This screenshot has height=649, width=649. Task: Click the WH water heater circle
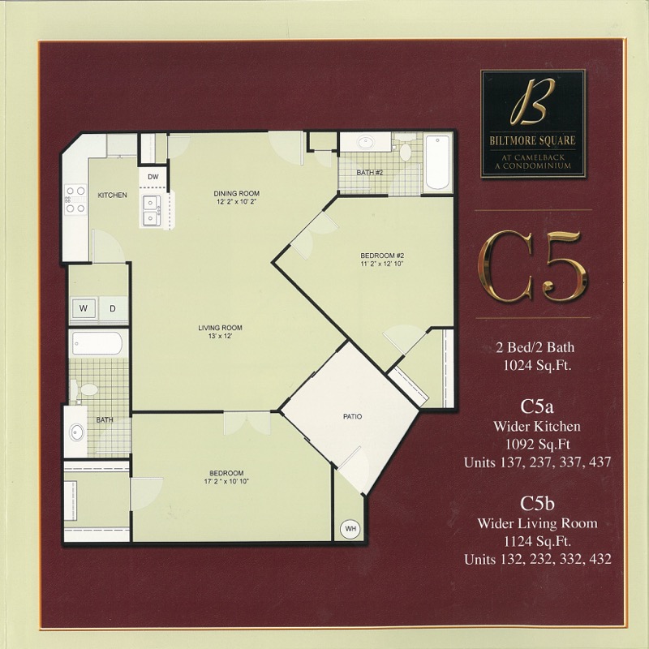(x=350, y=529)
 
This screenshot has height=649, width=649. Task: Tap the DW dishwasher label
(x=153, y=177)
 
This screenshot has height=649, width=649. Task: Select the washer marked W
(x=84, y=308)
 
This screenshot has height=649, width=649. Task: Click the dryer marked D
(x=113, y=308)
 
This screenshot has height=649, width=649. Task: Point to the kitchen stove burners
(x=75, y=200)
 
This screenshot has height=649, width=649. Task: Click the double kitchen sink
(x=152, y=211)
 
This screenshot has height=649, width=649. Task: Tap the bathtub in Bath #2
(x=437, y=162)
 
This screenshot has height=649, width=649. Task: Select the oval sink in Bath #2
(x=366, y=143)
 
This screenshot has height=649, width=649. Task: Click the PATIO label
(x=353, y=416)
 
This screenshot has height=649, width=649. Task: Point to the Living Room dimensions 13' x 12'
(x=220, y=337)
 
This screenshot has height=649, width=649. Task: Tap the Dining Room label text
(x=236, y=193)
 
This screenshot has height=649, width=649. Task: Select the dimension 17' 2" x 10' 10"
(x=226, y=481)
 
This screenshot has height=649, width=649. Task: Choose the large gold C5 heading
(x=534, y=265)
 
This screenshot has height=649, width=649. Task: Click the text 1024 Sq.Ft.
(x=537, y=366)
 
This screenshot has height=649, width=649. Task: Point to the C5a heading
(x=537, y=406)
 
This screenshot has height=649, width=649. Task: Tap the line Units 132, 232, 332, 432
(x=537, y=559)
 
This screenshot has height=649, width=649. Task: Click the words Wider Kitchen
(x=537, y=426)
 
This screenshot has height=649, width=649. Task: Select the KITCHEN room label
(x=112, y=195)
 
